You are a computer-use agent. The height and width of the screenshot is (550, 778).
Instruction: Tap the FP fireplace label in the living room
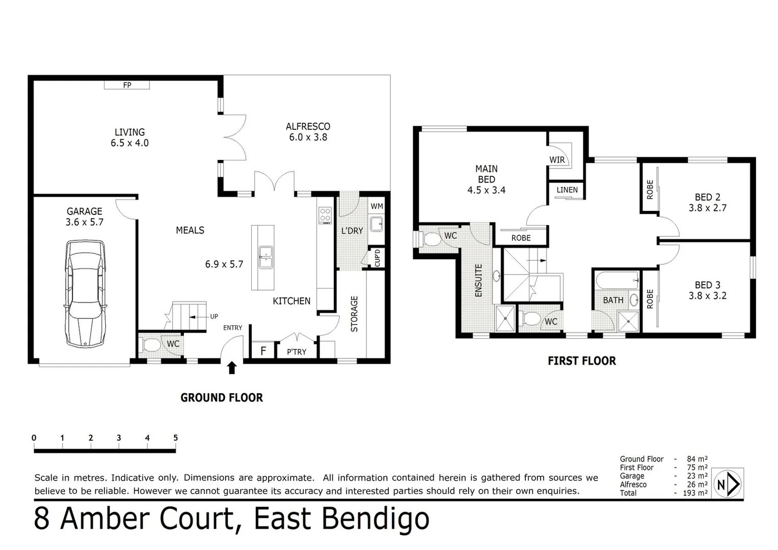pyautogui.click(x=127, y=85)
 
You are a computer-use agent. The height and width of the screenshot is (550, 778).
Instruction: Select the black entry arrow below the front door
pyautogui.click(x=232, y=368)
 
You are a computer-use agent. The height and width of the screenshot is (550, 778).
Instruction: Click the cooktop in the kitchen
pyautogui.click(x=325, y=215)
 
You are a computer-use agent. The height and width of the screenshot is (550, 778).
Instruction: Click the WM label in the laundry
pyautogui.click(x=377, y=206)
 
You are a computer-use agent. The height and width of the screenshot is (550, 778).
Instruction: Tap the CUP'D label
pyautogui.click(x=377, y=258)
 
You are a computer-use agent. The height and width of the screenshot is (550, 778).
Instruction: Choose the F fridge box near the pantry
pyautogui.click(x=263, y=351)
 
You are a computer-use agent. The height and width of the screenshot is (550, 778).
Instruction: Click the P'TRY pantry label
pyautogui.click(x=297, y=351)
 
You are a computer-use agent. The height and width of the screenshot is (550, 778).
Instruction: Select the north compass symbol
pyautogui.click(x=728, y=484)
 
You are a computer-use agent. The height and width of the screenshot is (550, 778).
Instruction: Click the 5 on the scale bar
pyautogui.click(x=176, y=438)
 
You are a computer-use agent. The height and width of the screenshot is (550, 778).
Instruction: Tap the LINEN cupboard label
pyautogui.click(x=567, y=190)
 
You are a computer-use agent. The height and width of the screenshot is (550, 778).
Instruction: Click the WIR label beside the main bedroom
pyautogui.click(x=557, y=160)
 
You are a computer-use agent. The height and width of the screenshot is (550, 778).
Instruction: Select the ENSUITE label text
pyautogui.click(x=478, y=281)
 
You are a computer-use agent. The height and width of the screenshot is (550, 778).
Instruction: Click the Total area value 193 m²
pyautogui.click(x=695, y=493)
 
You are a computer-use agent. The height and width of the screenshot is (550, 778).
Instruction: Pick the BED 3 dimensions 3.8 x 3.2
pyautogui.click(x=707, y=296)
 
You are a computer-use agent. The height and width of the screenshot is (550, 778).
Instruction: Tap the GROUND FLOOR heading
pyautogui.click(x=222, y=398)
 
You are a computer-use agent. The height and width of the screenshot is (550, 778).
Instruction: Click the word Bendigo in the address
pyautogui.click(x=375, y=519)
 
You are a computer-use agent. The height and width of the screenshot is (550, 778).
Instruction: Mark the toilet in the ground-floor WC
pyautogui.click(x=151, y=345)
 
